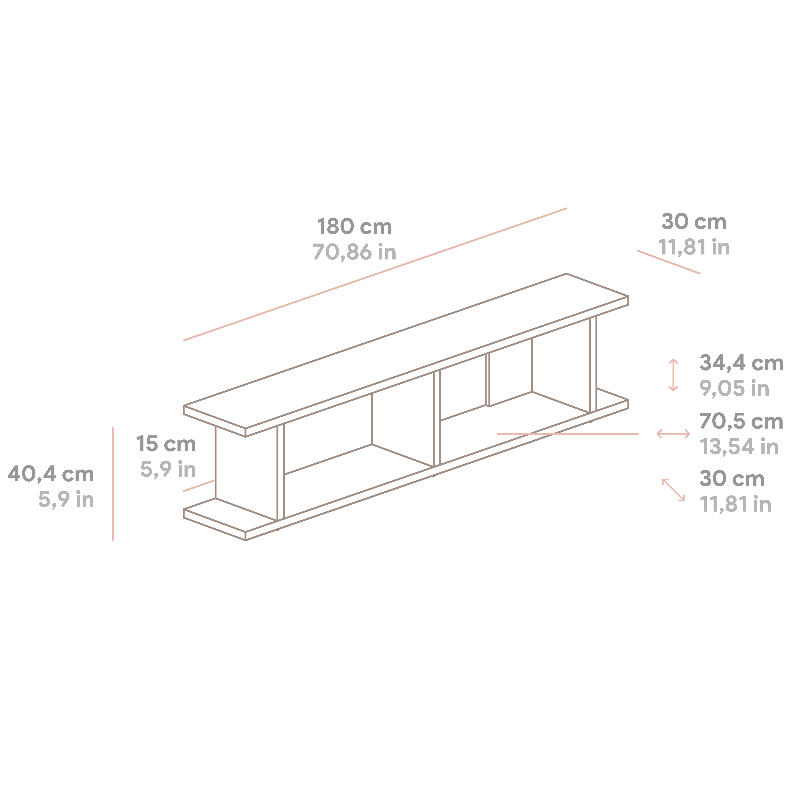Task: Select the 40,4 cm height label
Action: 51,474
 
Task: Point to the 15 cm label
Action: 166,444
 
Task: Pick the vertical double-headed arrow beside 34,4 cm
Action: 673,375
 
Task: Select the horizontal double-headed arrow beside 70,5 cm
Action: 673,434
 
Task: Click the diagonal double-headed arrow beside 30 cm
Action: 673,490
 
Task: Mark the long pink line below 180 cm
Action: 375,274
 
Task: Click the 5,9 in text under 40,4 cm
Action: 66,499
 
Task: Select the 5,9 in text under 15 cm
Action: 168,469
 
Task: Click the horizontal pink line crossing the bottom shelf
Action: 567,434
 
